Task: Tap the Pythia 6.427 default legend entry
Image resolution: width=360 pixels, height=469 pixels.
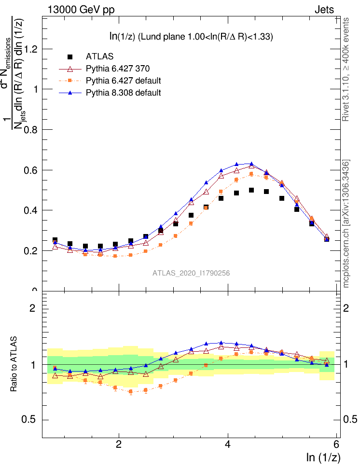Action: [x=123, y=80]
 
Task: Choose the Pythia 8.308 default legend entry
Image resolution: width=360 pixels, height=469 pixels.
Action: [x=123, y=92]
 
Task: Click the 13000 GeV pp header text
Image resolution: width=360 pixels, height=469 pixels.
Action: [x=81, y=9]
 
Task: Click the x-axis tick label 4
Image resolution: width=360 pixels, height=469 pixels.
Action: [x=228, y=445]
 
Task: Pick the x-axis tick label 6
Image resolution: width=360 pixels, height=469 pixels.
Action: [x=337, y=445]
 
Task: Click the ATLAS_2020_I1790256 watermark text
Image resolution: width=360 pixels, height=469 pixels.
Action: [x=191, y=273]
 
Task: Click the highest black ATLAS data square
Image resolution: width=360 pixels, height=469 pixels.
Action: [x=251, y=190]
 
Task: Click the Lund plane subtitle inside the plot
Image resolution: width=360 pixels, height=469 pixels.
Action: [x=191, y=37]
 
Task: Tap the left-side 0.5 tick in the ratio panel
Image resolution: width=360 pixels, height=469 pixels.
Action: [x=30, y=419]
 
